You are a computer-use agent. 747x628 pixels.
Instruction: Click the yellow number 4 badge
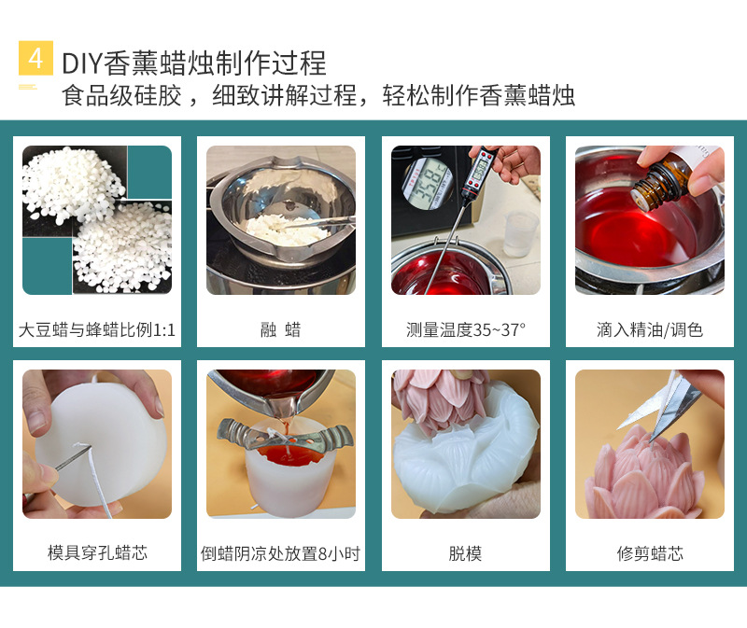click(35, 59)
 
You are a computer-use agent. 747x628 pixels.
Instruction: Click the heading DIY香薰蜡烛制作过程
click(194, 63)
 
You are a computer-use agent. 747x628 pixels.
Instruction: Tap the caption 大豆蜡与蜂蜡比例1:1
click(97, 329)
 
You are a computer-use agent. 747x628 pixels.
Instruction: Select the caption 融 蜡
click(280, 329)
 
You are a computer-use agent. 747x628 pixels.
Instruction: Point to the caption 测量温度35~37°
click(465, 329)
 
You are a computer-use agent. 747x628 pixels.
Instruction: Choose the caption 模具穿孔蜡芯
click(97, 553)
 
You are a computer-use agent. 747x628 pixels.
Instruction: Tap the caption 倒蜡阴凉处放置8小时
click(280, 553)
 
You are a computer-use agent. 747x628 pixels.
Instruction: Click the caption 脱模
click(465, 553)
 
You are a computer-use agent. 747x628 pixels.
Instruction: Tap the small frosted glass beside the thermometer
click(520, 232)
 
